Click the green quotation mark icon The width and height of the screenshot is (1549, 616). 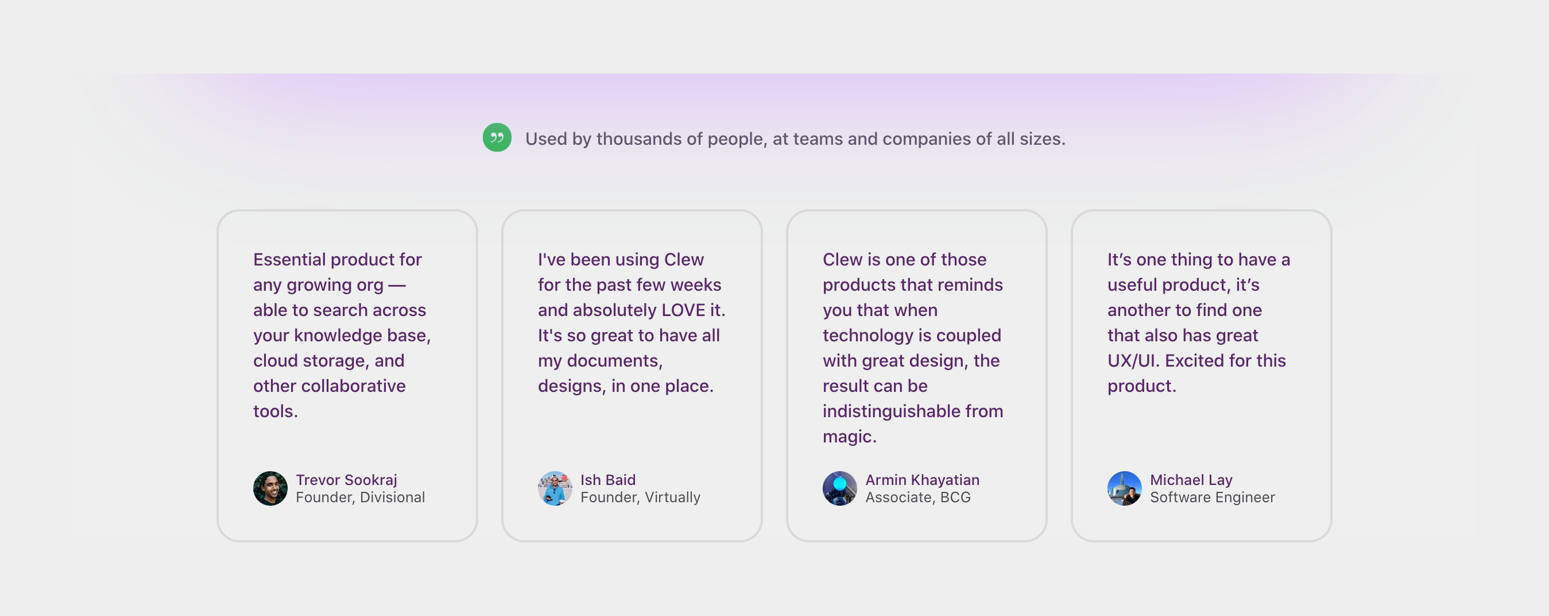click(x=497, y=138)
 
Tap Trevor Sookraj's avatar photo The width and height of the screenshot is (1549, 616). click(x=270, y=488)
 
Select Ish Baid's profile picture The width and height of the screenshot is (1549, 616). click(x=555, y=488)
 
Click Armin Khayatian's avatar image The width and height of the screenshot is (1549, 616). click(x=839, y=488)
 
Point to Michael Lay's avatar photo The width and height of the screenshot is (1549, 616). click(x=1124, y=488)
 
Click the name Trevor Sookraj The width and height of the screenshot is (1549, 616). click(x=346, y=479)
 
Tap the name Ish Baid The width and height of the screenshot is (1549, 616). click(x=607, y=479)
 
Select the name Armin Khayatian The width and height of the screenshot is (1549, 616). click(x=922, y=479)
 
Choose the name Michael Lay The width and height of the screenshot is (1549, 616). click(x=1191, y=479)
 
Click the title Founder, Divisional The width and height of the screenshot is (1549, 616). click(x=359, y=497)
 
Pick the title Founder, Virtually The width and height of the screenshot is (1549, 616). click(x=640, y=497)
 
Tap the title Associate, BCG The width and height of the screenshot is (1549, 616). click(x=917, y=497)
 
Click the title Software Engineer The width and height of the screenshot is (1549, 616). click(x=1211, y=497)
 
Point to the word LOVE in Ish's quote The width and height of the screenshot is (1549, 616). click(x=683, y=310)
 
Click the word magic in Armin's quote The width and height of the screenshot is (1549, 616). click(x=848, y=437)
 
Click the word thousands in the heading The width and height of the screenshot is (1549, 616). click(x=638, y=139)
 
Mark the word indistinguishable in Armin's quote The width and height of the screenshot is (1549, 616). click(x=891, y=411)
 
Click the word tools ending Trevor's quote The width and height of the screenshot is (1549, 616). click(x=274, y=411)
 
